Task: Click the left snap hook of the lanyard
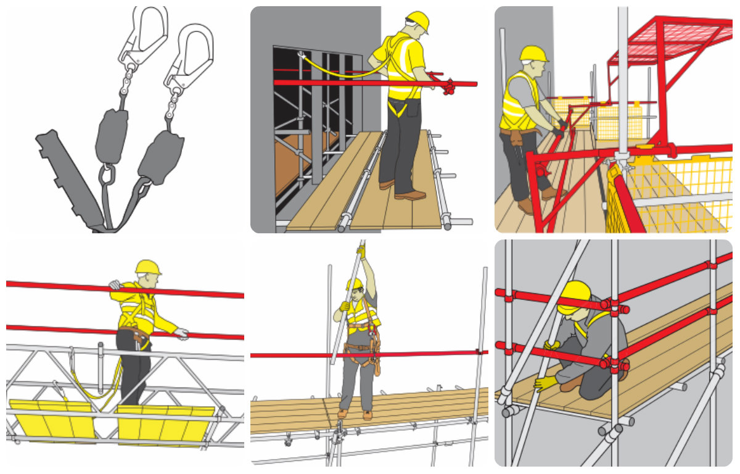click(x=146, y=34)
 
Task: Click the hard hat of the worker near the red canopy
click(x=533, y=54)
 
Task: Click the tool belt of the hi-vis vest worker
click(x=517, y=133)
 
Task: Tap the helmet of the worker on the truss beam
click(x=148, y=267)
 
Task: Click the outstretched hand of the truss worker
click(x=181, y=334)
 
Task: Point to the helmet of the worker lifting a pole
click(x=355, y=283)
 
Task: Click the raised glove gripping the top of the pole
click(x=361, y=250)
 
